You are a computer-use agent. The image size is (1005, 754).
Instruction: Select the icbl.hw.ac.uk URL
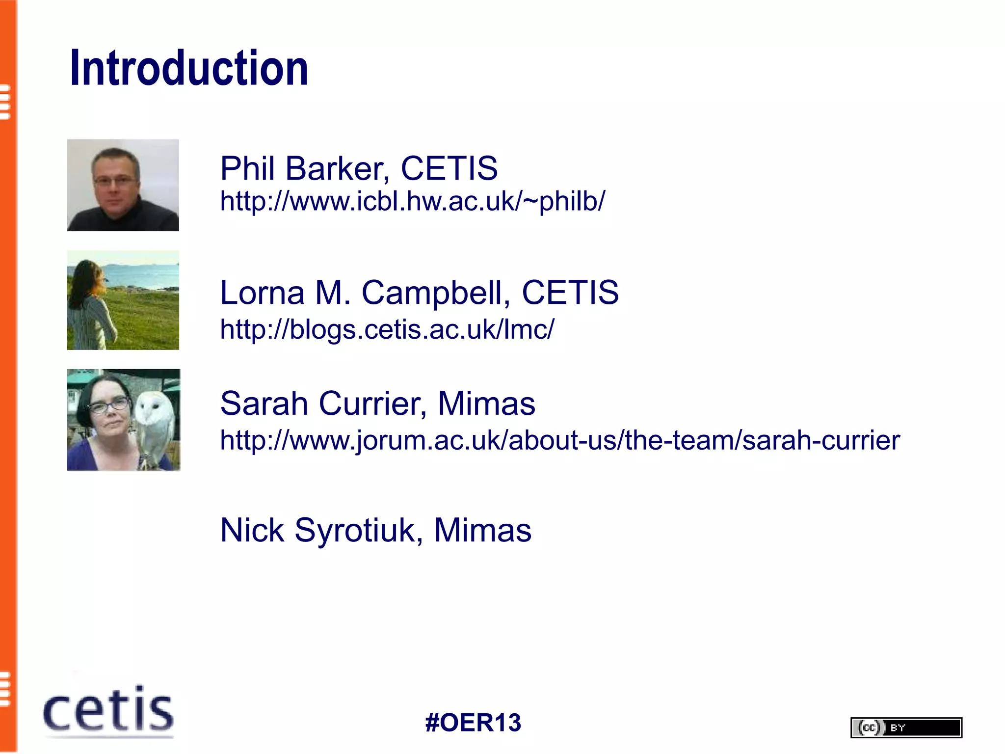(x=412, y=201)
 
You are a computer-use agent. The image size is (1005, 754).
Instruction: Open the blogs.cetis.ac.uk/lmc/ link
(x=387, y=329)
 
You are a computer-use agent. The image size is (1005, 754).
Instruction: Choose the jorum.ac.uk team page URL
(x=559, y=440)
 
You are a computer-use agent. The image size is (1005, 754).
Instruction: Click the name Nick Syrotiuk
(x=318, y=530)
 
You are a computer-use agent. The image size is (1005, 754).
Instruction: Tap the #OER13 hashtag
(x=473, y=723)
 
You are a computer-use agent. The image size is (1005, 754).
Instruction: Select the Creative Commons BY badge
(x=906, y=727)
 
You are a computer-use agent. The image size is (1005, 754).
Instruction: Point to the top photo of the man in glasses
(x=123, y=185)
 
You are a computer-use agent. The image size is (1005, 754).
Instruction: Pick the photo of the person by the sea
(x=123, y=300)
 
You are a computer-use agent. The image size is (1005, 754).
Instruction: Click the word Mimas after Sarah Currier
(x=486, y=404)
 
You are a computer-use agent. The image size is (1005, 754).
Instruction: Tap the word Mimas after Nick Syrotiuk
(x=482, y=530)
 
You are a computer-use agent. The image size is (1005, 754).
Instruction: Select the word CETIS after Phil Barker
(x=449, y=168)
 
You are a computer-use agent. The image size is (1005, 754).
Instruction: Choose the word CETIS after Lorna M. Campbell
(x=570, y=293)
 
